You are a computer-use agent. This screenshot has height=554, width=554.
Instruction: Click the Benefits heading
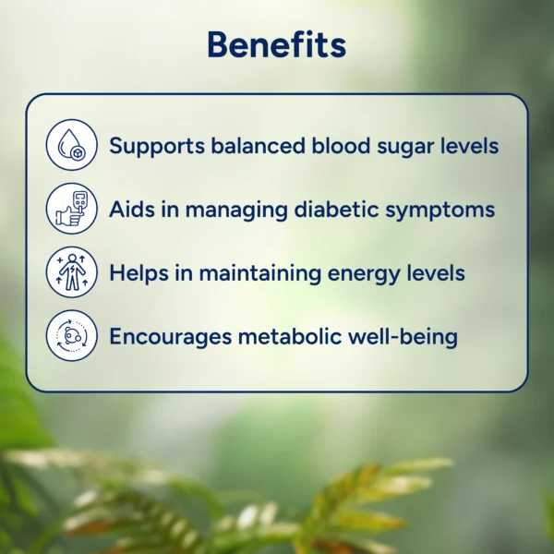coord(277,44)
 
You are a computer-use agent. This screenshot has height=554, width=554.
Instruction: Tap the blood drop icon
coord(72,145)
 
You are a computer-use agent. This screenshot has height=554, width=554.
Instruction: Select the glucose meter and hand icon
coord(72,209)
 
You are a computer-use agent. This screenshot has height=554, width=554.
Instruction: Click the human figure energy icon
coord(72,272)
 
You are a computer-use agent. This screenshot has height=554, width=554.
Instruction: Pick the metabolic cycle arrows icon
coord(72,336)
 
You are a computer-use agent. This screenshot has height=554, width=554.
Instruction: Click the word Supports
coord(157,146)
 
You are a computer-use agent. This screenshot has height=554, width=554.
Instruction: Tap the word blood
coord(341,145)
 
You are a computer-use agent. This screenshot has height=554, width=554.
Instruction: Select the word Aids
coord(132,209)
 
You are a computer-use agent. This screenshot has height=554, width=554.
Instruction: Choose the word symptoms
coord(440,211)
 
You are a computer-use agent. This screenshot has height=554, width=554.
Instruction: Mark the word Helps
coord(138,273)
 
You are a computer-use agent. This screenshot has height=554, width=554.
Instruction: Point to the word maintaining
coord(260,274)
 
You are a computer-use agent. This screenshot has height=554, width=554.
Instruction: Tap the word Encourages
coord(171,337)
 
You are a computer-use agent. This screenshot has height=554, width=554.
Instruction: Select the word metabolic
coord(290,336)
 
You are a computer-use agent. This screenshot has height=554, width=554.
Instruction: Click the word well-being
coord(403,337)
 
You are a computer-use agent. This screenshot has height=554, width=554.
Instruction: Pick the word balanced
coord(258,145)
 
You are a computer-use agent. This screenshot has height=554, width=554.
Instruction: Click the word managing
coord(236,211)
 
